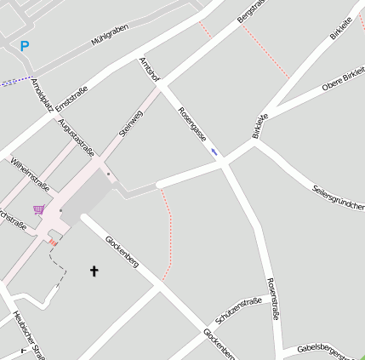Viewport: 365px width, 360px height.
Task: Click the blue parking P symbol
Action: (x=24, y=47)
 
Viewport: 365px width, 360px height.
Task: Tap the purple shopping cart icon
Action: (x=38, y=209)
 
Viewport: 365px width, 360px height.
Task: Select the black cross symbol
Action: (x=94, y=271)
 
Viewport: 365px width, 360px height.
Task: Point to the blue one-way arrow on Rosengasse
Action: (x=214, y=151)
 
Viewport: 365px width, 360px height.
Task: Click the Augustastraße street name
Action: (x=75, y=135)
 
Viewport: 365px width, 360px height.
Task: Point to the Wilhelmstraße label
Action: (x=30, y=173)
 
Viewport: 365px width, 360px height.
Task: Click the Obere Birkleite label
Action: (x=344, y=79)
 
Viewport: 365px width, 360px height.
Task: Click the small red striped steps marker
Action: (x=53, y=243)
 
